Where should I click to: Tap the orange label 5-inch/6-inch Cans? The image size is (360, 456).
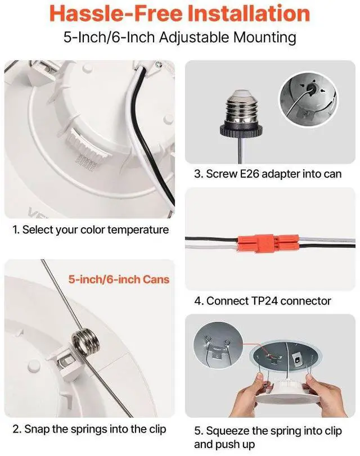coord(119,279)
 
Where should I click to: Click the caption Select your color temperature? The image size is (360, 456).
coord(91,230)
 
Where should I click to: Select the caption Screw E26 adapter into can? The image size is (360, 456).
coord(268,174)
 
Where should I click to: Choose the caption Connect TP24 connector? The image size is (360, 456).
coord(263,301)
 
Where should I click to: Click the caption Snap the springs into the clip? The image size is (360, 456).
coord(89,429)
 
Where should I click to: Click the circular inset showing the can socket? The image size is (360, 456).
coord(308,100)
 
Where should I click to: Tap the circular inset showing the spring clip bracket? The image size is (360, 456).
coord(218,349)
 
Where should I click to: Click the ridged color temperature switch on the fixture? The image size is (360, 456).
coord(86,143)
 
